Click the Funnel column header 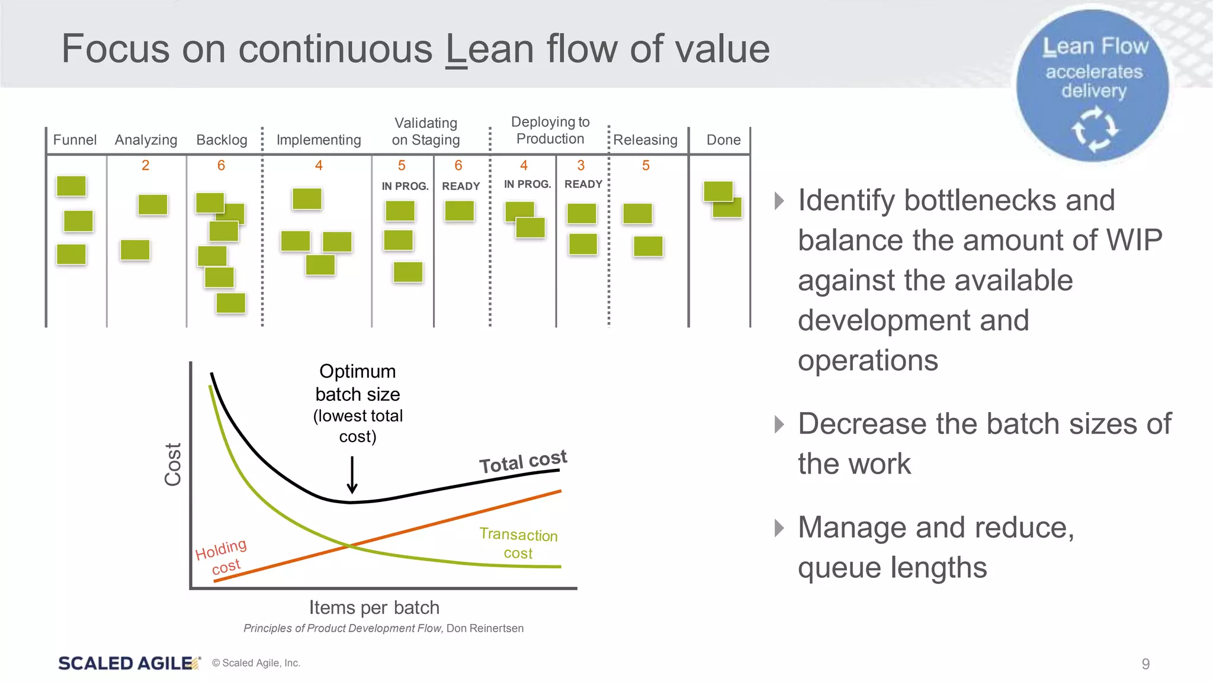click(x=75, y=140)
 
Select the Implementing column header click(x=319, y=140)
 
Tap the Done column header click(x=723, y=140)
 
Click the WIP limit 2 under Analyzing click(x=145, y=165)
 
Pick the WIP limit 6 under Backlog click(x=221, y=165)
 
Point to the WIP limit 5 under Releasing click(x=646, y=165)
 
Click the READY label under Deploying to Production click(x=583, y=184)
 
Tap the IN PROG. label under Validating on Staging click(x=405, y=186)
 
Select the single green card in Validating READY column click(x=460, y=211)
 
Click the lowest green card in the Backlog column click(x=231, y=303)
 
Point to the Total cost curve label click(x=523, y=461)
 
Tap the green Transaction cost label click(x=518, y=543)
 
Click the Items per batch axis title click(x=374, y=607)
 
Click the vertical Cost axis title click(x=172, y=465)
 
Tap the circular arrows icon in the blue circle click(x=1095, y=128)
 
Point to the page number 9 click(x=1145, y=664)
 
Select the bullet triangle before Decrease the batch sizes click(x=779, y=424)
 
